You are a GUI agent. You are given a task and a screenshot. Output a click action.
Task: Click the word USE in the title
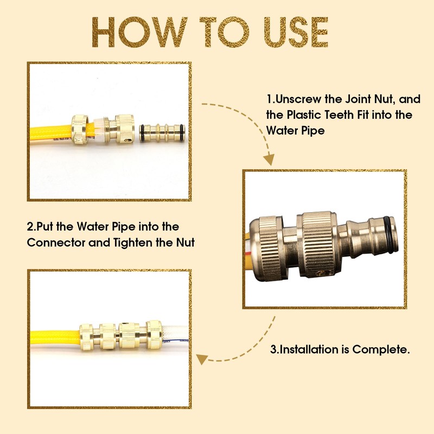coord(296,32)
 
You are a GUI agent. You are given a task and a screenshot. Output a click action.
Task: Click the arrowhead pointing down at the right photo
coord(269,159)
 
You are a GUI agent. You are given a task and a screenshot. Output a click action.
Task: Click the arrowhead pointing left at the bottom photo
coord(202,359)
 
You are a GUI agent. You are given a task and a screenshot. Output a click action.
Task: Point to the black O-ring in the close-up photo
coord(392,234)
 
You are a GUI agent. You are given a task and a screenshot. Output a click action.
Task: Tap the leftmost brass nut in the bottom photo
coord(86,336)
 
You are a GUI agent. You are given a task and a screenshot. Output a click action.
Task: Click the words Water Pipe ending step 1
coord(295,130)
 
